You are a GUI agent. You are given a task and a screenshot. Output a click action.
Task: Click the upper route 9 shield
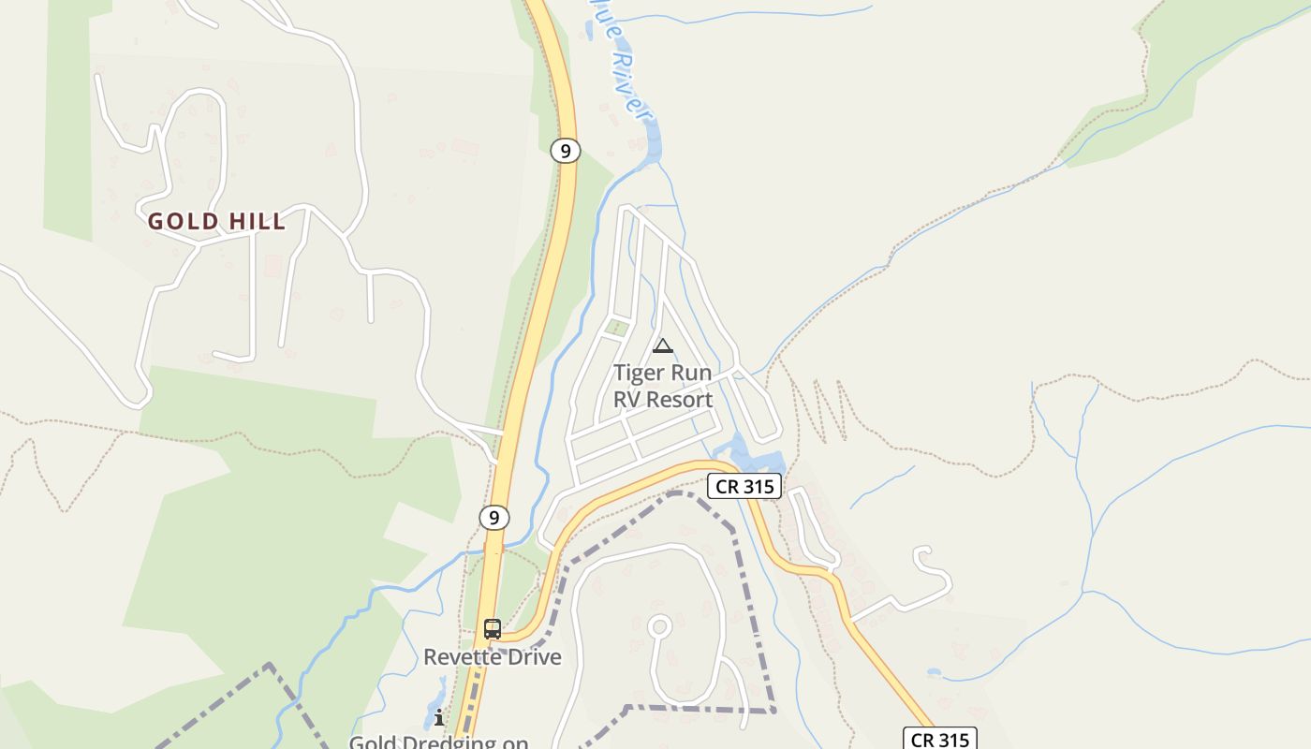tap(565, 150)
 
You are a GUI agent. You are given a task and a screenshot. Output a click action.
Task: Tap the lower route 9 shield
tap(493, 517)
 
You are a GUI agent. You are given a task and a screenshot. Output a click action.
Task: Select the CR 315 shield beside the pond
tap(744, 486)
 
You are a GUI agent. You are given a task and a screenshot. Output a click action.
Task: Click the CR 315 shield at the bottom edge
tap(940, 739)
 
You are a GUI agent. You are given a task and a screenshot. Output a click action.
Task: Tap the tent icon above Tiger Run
tap(663, 346)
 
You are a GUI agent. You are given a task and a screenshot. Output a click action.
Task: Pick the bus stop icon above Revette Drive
tap(493, 629)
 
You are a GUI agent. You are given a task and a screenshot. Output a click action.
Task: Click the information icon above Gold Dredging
tap(439, 718)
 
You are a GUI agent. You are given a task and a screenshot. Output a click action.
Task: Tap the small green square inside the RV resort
tap(616, 328)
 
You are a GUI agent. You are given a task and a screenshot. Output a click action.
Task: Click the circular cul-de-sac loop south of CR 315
tap(660, 626)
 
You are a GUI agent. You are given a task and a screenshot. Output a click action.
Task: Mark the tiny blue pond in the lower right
tap(934, 673)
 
